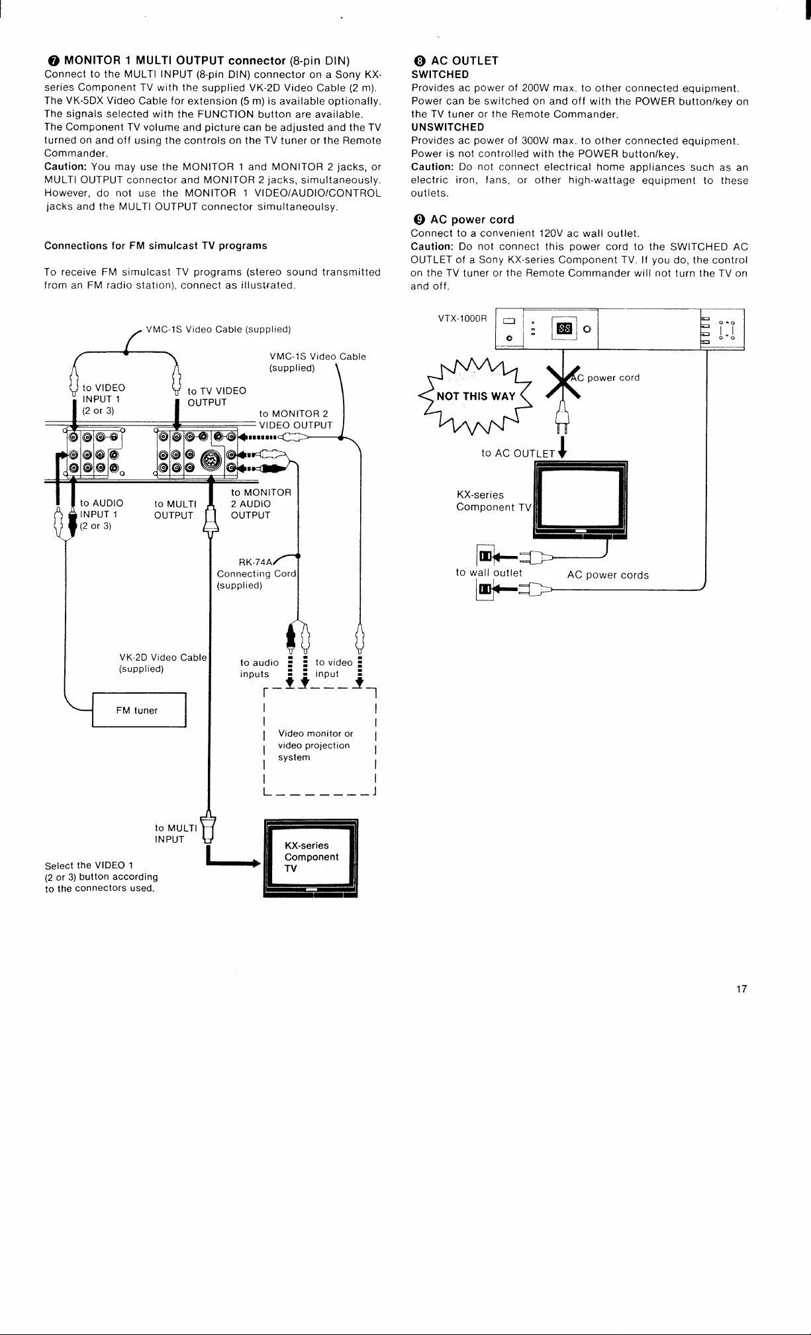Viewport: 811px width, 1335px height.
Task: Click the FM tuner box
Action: tap(139, 710)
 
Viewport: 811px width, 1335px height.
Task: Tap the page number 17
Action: tap(741, 989)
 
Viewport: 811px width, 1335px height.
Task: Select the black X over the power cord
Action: tap(562, 382)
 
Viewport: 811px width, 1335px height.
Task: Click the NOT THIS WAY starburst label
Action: tap(476, 396)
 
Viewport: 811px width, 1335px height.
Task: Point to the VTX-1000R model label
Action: tap(462, 318)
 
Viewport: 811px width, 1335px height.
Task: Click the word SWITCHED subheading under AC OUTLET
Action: tap(440, 75)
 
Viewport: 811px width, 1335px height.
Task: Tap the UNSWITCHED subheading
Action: tap(448, 127)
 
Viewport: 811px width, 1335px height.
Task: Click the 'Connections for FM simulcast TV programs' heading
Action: tap(156, 246)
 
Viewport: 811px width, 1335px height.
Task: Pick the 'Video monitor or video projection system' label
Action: tap(315, 745)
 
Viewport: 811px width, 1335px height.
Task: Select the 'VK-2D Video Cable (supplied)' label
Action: tap(163, 663)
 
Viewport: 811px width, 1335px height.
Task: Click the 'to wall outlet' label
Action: tap(489, 573)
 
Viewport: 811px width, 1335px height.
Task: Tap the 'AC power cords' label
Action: tap(608, 575)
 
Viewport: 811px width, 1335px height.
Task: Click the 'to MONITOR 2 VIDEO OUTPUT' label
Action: tap(296, 420)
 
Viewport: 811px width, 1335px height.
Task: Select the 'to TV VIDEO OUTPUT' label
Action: tap(216, 396)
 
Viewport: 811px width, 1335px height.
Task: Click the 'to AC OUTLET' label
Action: tap(518, 453)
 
